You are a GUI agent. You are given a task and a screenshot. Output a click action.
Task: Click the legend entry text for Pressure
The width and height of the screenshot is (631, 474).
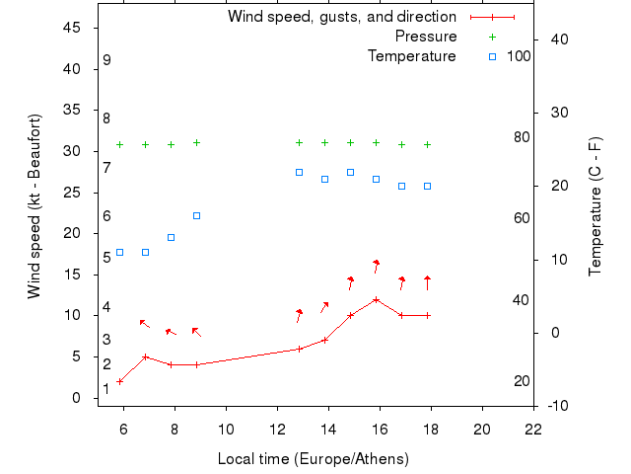pyautogui.click(x=426, y=37)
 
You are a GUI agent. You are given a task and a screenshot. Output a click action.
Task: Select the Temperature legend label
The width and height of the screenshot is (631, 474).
pyautogui.click(x=412, y=56)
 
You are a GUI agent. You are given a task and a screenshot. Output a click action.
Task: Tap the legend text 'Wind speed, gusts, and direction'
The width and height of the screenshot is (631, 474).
pyautogui.click(x=342, y=17)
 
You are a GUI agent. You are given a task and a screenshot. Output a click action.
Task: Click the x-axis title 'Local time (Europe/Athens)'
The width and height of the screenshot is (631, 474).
pyautogui.click(x=313, y=459)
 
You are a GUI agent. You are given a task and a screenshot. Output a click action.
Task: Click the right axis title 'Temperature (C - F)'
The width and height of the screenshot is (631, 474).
pyautogui.click(x=596, y=206)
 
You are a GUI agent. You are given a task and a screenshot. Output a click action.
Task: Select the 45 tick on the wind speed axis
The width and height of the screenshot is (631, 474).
pyautogui.click(x=72, y=28)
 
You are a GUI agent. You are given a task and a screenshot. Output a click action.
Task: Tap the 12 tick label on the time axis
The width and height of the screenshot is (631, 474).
pyautogui.click(x=277, y=430)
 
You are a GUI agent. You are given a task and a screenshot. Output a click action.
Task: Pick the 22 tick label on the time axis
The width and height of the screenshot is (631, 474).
pyautogui.click(x=533, y=430)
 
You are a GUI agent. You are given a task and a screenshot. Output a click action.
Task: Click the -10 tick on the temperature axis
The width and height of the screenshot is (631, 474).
pyautogui.click(x=557, y=406)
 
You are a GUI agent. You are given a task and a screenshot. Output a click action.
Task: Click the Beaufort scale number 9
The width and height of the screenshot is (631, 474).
pyautogui.click(x=106, y=60)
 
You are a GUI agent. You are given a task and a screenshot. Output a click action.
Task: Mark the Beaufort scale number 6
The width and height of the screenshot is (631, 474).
pyautogui.click(x=106, y=215)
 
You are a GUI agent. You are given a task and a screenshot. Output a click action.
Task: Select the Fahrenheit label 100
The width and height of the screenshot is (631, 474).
pyautogui.click(x=519, y=56)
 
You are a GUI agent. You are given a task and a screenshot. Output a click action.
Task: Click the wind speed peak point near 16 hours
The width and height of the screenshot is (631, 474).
pyautogui.click(x=377, y=299)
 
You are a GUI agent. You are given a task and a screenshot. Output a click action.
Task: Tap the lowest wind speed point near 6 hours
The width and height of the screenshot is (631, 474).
pyautogui.click(x=120, y=381)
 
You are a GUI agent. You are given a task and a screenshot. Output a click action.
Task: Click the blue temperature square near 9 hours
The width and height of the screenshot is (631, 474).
pyautogui.click(x=197, y=215)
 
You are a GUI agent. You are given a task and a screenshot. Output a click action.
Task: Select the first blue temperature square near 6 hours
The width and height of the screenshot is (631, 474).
pyautogui.click(x=120, y=252)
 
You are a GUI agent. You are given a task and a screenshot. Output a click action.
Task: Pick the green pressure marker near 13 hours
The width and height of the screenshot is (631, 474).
pyautogui.click(x=300, y=142)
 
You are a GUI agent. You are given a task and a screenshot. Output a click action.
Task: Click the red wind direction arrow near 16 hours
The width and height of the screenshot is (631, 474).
pyautogui.click(x=377, y=266)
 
